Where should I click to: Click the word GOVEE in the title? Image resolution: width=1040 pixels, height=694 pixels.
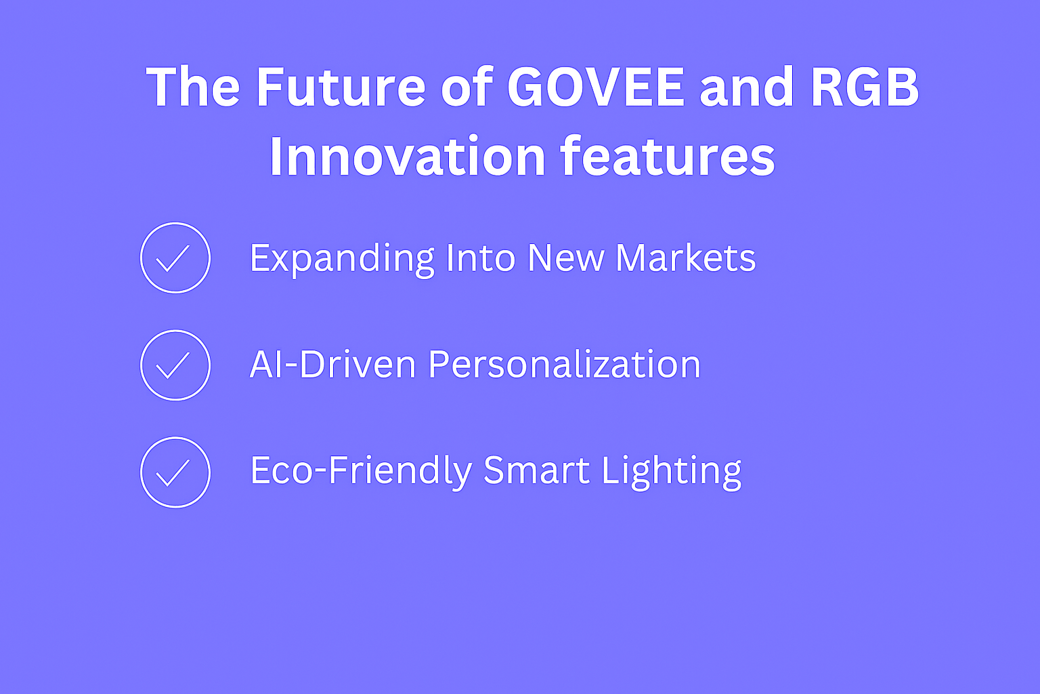(596, 87)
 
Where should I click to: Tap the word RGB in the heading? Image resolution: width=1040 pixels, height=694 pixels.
(865, 87)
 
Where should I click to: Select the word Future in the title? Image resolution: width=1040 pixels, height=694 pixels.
(341, 87)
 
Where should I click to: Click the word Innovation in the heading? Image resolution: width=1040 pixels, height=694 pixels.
(408, 156)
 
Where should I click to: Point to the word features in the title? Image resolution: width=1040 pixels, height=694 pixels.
(668, 156)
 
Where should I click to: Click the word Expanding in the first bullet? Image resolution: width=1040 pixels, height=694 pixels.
(342, 260)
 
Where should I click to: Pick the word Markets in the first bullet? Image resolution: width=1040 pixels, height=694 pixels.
(686, 258)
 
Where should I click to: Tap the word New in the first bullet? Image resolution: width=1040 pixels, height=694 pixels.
(566, 258)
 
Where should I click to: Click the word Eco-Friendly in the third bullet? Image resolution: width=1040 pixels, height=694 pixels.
(361, 471)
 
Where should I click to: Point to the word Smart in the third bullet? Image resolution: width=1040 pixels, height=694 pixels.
(537, 470)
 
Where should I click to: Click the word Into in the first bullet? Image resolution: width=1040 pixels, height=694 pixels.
(481, 258)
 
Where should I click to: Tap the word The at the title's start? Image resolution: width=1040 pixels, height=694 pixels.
(193, 87)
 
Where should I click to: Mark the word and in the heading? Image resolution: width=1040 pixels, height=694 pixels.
(747, 87)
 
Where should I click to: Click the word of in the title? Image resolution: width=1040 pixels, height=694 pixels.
(466, 87)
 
